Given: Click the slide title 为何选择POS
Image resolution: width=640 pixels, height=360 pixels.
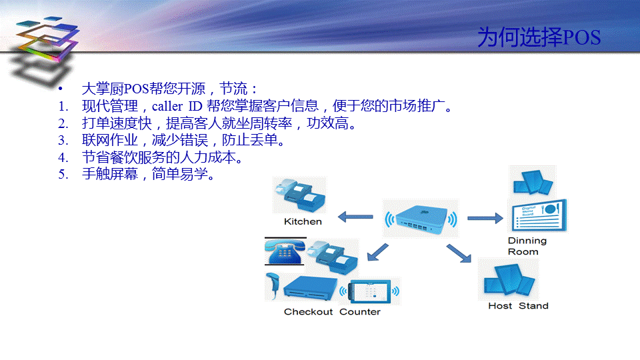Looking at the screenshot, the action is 539,37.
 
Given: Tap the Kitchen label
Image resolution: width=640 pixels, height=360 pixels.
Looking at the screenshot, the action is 303,221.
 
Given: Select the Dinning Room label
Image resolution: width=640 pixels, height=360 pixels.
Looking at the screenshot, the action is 527,246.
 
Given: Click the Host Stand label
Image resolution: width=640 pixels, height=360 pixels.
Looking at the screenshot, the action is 519,306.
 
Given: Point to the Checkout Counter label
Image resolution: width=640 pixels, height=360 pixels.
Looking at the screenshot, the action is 332,312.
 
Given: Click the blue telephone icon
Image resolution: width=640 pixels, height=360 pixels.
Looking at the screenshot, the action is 285,252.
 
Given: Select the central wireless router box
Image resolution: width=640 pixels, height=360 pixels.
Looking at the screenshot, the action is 421,219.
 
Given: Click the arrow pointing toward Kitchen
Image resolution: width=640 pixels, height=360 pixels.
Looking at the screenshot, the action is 355,217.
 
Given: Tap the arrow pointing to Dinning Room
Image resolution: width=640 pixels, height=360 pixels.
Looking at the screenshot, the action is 485,219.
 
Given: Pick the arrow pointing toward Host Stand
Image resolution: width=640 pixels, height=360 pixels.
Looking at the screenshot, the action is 459,253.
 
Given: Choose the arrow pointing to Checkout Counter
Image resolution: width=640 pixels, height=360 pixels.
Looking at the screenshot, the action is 377,252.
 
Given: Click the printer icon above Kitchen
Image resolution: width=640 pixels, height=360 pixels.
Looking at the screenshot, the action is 300,195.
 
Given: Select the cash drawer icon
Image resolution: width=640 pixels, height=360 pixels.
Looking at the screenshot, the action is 310,288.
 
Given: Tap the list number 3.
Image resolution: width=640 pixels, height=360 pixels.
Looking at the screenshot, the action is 63,140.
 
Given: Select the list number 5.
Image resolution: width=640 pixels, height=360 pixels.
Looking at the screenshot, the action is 63,174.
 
